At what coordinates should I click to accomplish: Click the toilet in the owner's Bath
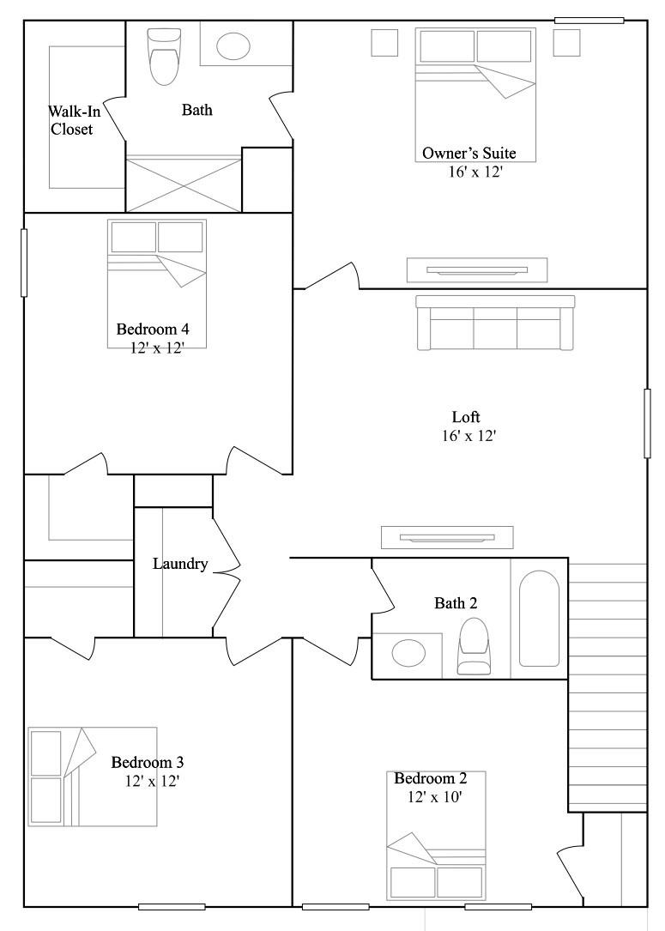[163, 57]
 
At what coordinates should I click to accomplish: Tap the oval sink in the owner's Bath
[233, 45]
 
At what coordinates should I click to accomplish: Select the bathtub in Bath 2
[539, 619]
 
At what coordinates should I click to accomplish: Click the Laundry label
[180, 564]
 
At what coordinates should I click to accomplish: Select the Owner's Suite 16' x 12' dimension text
[476, 172]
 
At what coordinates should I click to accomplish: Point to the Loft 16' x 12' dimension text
[469, 436]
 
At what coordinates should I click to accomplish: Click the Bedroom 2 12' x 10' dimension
[435, 797]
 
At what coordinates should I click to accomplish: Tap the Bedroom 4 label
[153, 329]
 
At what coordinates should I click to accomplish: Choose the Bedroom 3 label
[148, 762]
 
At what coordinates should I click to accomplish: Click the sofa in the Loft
[496, 323]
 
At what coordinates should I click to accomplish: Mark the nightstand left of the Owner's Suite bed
[384, 43]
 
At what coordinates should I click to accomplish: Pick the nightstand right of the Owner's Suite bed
[566, 43]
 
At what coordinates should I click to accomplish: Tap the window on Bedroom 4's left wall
[24, 263]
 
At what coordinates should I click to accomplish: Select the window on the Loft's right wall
[647, 423]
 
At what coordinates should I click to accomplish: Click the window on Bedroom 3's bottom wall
[172, 907]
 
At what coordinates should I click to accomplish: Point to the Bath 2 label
[456, 603]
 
